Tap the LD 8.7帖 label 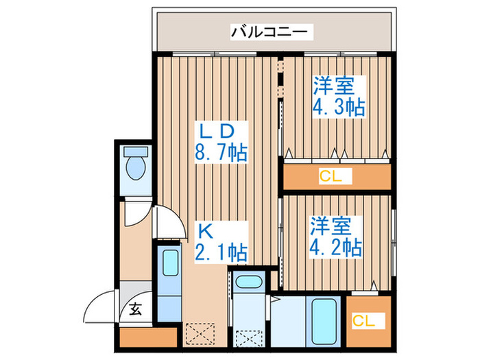click(221, 143)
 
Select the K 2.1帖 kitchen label click(221, 242)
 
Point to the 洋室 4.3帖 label click(339, 97)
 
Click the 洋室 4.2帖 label click(336, 237)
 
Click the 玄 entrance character click(135, 309)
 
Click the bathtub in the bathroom click(324, 322)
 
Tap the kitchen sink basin click(171, 263)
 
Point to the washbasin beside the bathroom click(248, 282)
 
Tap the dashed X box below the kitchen click(200, 334)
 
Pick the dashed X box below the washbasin click(249, 339)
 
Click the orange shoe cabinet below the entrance click(149, 337)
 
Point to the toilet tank click(136, 152)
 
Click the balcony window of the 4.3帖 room click(340, 54)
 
